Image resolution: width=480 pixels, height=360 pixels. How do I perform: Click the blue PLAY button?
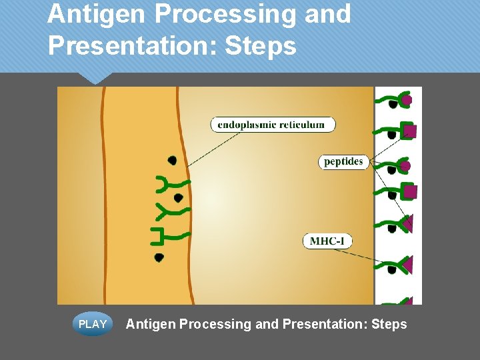pos(93,324)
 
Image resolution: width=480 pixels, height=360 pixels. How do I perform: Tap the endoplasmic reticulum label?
pos(273,124)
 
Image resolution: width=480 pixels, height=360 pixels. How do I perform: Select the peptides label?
pos(343,161)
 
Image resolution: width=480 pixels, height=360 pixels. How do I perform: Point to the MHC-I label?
pos(327,241)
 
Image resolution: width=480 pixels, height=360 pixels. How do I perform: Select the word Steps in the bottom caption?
pos(388,324)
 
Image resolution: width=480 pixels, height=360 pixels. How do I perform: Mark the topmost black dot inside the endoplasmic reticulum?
pos(172,160)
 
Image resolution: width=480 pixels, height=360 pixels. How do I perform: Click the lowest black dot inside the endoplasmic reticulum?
pos(159,257)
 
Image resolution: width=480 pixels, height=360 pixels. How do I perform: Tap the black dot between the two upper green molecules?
pos(178,198)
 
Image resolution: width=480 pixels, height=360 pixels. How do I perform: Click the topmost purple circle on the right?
pos(406,101)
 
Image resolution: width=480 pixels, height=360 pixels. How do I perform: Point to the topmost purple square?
pos(409,131)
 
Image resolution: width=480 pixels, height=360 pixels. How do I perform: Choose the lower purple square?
pos(410,192)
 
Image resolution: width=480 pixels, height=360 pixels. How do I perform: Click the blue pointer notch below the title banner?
pos(95,78)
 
